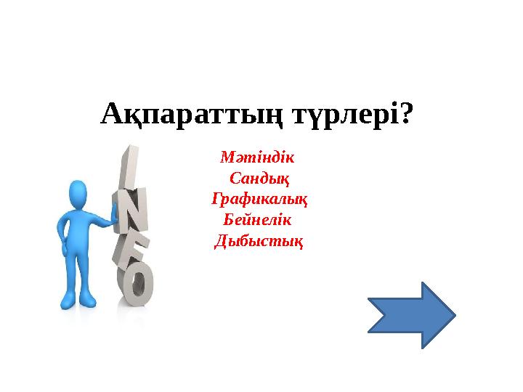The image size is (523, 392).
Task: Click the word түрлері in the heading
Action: [345, 114]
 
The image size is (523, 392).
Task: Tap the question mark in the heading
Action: [408, 114]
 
